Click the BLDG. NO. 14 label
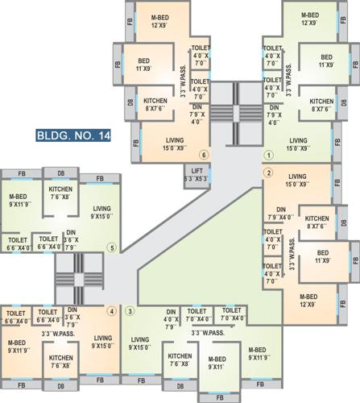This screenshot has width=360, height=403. point(73,135)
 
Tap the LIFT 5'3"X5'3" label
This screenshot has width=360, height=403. point(197,173)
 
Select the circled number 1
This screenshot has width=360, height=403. point(267,155)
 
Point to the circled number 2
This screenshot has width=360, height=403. point(267,172)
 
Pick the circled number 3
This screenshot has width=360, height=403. point(130,311)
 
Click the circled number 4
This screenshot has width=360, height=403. point(112,311)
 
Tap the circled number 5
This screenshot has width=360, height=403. point(112,247)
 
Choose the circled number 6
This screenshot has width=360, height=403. point(205,155)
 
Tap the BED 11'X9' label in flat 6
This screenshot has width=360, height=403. point(145,63)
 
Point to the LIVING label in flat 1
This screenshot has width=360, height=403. point(299,143)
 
